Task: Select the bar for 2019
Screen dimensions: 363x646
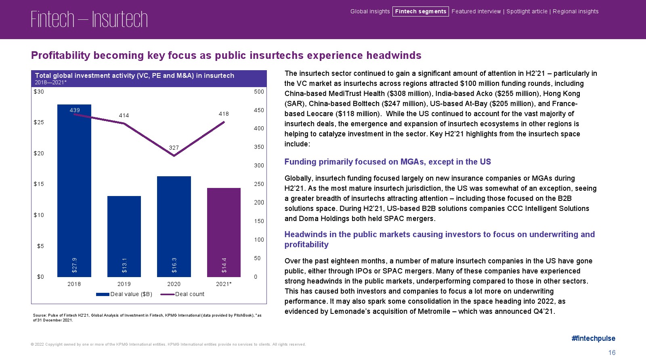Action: tap(124, 236)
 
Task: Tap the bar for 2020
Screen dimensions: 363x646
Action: tap(174, 226)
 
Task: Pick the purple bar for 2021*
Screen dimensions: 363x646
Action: tap(224, 232)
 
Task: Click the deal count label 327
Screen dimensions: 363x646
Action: tap(174, 148)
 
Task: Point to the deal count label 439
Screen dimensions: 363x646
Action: tap(75, 110)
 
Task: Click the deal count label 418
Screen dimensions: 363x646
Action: tap(224, 114)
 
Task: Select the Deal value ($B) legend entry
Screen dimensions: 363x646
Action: tap(124, 294)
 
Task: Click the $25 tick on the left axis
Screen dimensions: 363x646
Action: tap(39, 122)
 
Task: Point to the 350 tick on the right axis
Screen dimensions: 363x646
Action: tap(259, 147)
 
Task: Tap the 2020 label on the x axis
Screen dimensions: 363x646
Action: tap(174, 284)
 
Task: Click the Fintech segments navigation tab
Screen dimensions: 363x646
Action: tap(421, 11)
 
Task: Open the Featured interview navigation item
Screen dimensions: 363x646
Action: tap(476, 11)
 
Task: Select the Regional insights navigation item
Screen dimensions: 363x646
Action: tap(575, 11)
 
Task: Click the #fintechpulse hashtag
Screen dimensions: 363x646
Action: tap(593, 338)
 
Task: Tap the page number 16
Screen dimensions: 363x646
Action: tap(612, 353)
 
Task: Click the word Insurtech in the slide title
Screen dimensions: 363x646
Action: tap(120, 19)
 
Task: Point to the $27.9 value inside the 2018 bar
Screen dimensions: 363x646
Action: tap(74, 265)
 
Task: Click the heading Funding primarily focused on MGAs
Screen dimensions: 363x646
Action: tap(388, 162)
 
